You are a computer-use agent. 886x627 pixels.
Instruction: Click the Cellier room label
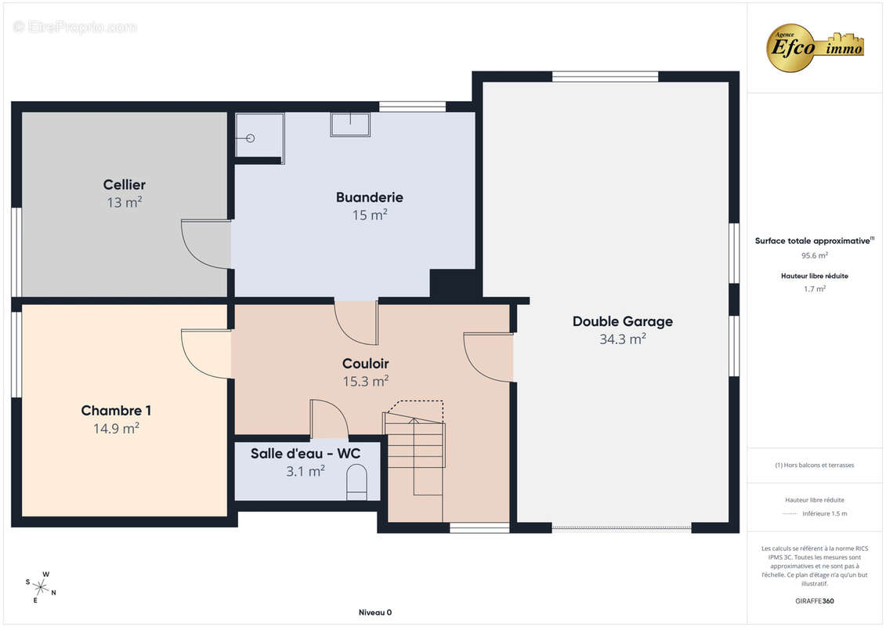click(125, 185)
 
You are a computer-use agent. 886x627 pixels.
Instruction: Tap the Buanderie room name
click(370, 198)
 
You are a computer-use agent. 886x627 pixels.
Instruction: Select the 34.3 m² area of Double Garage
click(623, 339)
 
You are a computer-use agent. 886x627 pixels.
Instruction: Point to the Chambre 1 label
click(116, 411)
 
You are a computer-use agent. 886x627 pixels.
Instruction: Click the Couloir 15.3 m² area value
click(366, 381)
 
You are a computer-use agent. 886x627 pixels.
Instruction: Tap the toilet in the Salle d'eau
click(356, 482)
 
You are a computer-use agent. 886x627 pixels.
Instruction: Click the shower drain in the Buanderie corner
click(251, 139)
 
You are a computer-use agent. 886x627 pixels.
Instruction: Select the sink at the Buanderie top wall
click(350, 125)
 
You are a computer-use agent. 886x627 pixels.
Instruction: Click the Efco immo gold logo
click(814, 48)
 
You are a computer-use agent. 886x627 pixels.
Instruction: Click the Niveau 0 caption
click(375, 612)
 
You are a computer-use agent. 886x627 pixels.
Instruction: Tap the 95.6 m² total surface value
click(814, 256)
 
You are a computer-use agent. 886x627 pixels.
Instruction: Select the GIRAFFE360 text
click(814, 601)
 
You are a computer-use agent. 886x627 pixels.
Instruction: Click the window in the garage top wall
click(606, 76)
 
